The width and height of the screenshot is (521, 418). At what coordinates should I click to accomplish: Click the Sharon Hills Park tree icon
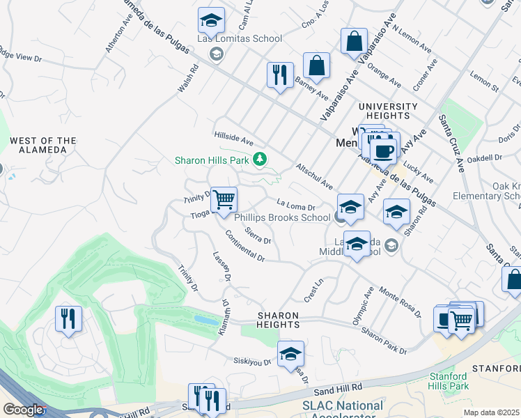(x=260, y=160)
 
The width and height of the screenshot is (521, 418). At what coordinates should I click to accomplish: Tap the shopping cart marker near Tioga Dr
(x=224, y=200)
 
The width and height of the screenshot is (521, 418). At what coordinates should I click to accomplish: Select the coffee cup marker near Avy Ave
(x=383, y=150)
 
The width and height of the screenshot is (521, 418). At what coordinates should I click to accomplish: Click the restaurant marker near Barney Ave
(x=280, y=75)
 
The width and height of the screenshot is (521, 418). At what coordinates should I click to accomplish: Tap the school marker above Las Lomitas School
(x=211, y=21)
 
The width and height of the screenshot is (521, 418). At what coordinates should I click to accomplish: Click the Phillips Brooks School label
(x=281, y=217)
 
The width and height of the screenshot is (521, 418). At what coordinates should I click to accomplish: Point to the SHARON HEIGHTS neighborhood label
(x=279, y=320)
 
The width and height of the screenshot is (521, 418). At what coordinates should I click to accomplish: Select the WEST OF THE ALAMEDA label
(x=42, y=145)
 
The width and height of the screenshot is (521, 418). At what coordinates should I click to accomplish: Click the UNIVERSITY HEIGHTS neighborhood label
(x=388, y=111)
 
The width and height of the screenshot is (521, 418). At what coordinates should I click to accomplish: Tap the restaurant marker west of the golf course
(x=68, y=319)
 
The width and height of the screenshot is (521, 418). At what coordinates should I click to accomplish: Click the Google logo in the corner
(x=23, y=410)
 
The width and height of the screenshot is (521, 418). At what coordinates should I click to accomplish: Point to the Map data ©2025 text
(x=491, y=412)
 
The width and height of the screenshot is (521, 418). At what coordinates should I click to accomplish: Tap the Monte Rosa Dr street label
(x=400, y=302)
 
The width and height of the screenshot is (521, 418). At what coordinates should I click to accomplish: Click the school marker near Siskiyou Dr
(x=290, y=354)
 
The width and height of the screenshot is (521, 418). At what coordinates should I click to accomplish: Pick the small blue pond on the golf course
(x=205, y=320)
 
